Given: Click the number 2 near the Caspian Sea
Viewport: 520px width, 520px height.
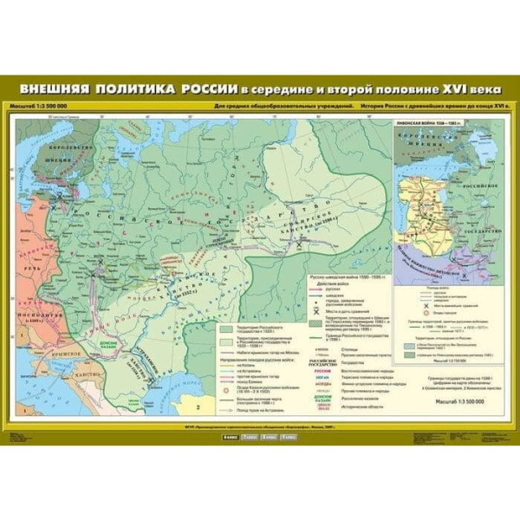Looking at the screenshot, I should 197,406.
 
